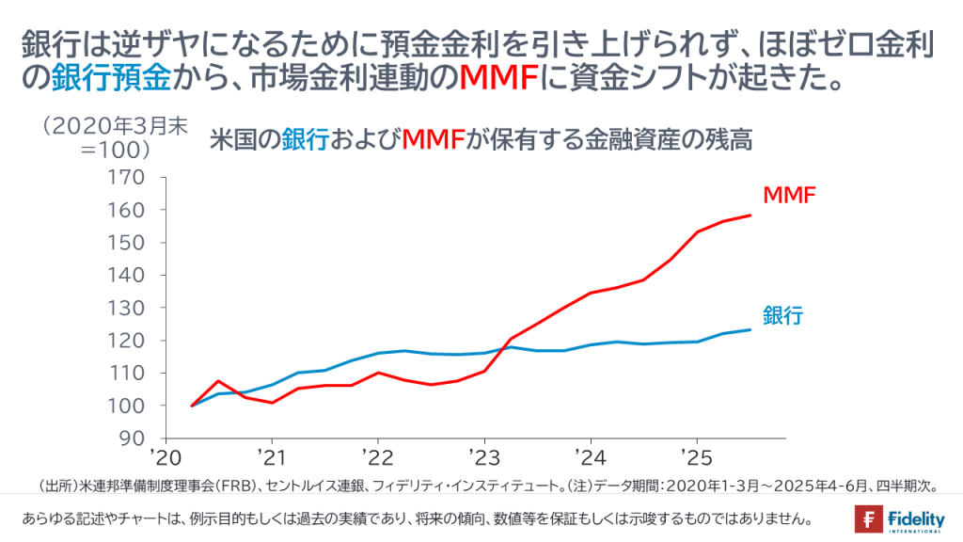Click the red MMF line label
788,196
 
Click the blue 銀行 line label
782,316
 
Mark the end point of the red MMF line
750,215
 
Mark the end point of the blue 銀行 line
750,329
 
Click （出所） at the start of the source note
56,486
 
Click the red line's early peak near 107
218,381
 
